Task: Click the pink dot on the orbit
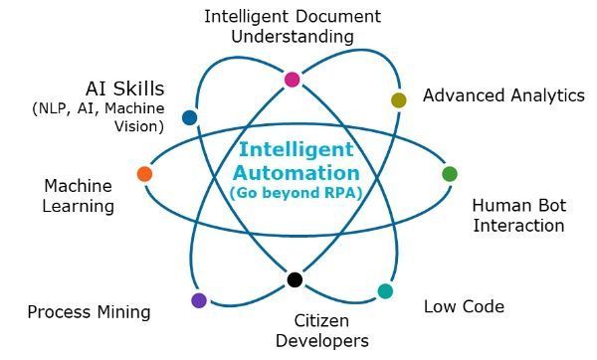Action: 292,80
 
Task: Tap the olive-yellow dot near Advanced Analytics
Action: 399,99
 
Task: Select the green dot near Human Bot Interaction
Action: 450,174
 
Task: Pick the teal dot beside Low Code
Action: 385,291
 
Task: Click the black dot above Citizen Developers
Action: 295,279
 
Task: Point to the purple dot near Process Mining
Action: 199,299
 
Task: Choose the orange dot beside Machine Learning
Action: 144,174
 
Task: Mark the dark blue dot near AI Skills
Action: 190,117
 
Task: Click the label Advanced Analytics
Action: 503,95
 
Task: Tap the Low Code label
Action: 464,306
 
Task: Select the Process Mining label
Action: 89,312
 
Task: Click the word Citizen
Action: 322,321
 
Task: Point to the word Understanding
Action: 293,37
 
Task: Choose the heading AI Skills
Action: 124,89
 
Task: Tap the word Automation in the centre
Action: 296,171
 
